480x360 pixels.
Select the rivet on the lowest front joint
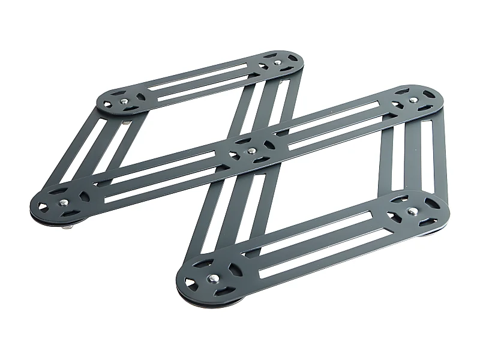[213, 278]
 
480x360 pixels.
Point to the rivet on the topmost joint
[277, 61]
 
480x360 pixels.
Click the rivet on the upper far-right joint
[413, 100]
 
